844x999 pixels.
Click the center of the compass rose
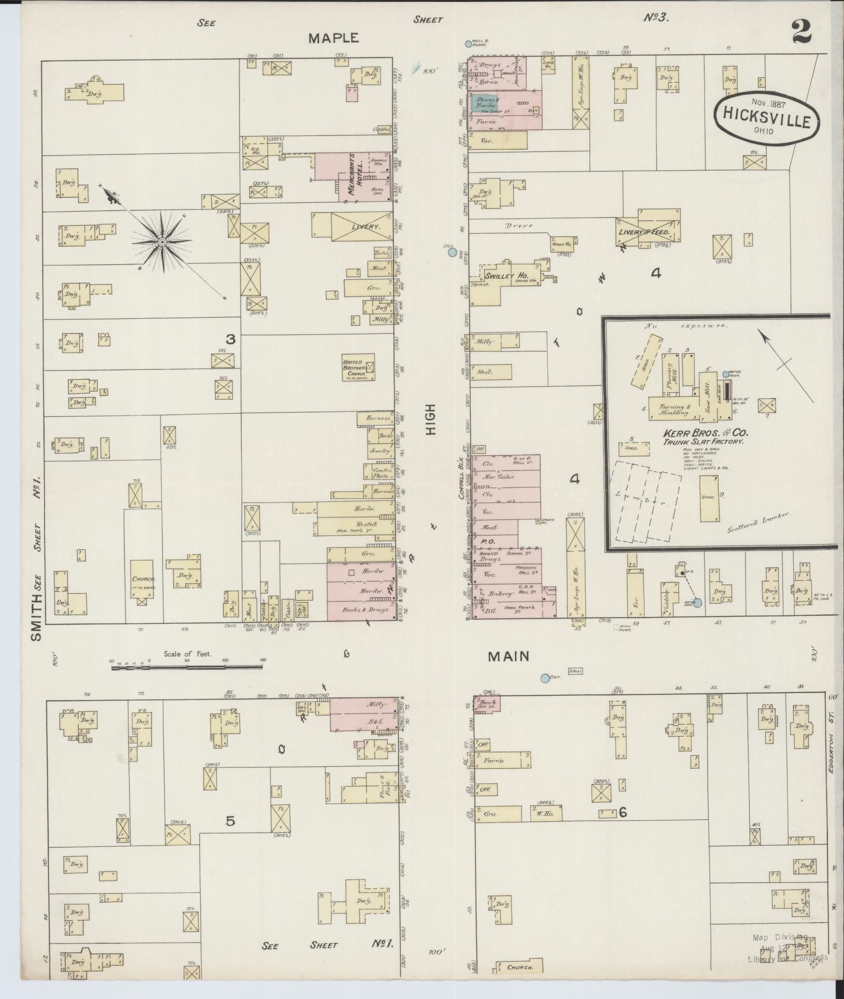[x=162, y=242]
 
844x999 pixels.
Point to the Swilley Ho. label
[x=507, y=276]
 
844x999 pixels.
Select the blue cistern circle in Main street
[x=544, y=678]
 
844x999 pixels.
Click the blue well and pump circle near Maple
[x=469, y=45]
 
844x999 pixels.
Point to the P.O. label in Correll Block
[x=489, y=541]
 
